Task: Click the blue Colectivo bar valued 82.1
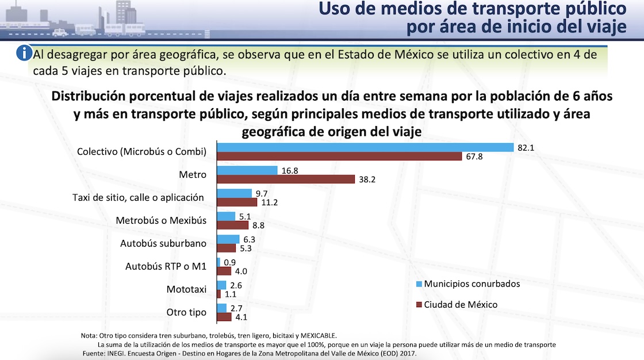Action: (365, 147)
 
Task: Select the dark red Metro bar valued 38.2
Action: (286, 179)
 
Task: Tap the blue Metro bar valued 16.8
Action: (247, 170)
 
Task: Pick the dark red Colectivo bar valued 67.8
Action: (339, 156)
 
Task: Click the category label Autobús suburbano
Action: (163, 243)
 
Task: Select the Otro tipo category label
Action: (185, 312)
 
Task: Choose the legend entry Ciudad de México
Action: (461, 304)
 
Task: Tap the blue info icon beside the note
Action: (24, 53)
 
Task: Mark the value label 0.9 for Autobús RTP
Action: (229, 262)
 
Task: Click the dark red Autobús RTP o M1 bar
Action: (224, 271)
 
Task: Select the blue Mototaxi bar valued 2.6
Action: (221, 285)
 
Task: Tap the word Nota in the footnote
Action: (89, 336)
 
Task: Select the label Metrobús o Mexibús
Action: (161, 220)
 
